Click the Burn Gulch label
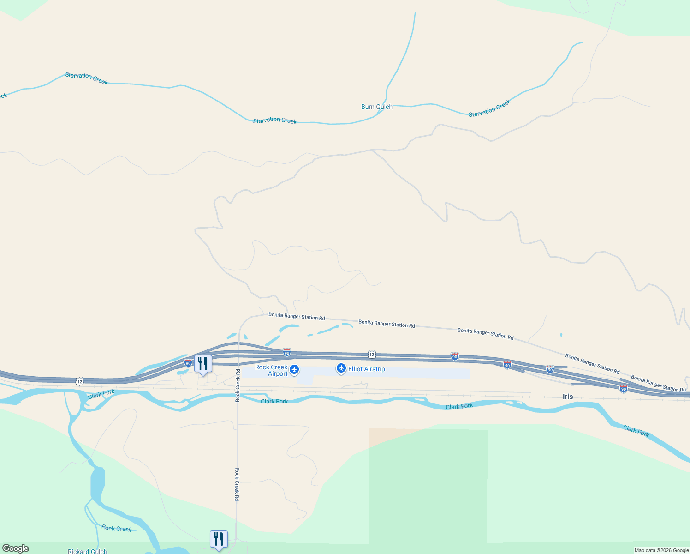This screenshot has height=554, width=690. [x=376, y=107]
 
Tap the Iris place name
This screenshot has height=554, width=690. [x=567, y=397]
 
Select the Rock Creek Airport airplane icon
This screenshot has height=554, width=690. [x=294, y=369]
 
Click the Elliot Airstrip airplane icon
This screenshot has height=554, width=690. [x=341, y=368]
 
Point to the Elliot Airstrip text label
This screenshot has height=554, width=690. [x=366, y=369]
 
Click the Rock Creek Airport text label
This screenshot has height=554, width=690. [x=271, y=370]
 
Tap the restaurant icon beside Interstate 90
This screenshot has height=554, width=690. [x=202, y=364]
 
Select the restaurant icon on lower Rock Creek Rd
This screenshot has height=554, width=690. [x=219, y=539]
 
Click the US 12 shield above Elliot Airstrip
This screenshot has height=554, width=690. [x=372, y=354]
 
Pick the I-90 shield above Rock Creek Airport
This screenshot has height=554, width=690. [x=287, y=352]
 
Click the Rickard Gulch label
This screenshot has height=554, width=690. [x=87, y=551]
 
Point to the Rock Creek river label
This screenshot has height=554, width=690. [x=116, y=528]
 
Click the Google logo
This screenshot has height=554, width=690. [x=16, y=548]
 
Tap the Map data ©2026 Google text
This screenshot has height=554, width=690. [x=661, y=550]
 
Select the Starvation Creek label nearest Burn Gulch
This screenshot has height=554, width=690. [x=489, y=108]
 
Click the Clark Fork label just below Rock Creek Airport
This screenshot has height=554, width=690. [x=274, y=401]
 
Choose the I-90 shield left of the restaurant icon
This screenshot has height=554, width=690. [x=188, y=363]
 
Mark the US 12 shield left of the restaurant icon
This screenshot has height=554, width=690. [x=80, y=381]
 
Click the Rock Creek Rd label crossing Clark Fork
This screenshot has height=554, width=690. [x=238, y=385]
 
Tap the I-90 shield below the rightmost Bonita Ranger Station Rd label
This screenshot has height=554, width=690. [x=624, y=389]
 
